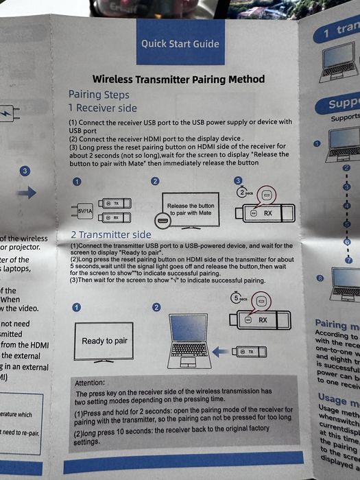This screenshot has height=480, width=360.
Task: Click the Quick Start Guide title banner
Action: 180,44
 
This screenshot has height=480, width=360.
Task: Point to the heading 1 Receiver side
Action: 102,108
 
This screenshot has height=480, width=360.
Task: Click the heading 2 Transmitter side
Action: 110,235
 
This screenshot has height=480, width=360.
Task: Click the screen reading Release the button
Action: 190,208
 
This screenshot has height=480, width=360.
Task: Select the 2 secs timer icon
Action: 245,193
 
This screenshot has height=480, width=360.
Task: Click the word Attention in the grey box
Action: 89,383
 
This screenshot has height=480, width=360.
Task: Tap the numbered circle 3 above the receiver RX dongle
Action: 239,181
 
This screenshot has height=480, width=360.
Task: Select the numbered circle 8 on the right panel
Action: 319,278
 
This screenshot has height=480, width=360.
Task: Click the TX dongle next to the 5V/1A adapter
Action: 112,203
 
